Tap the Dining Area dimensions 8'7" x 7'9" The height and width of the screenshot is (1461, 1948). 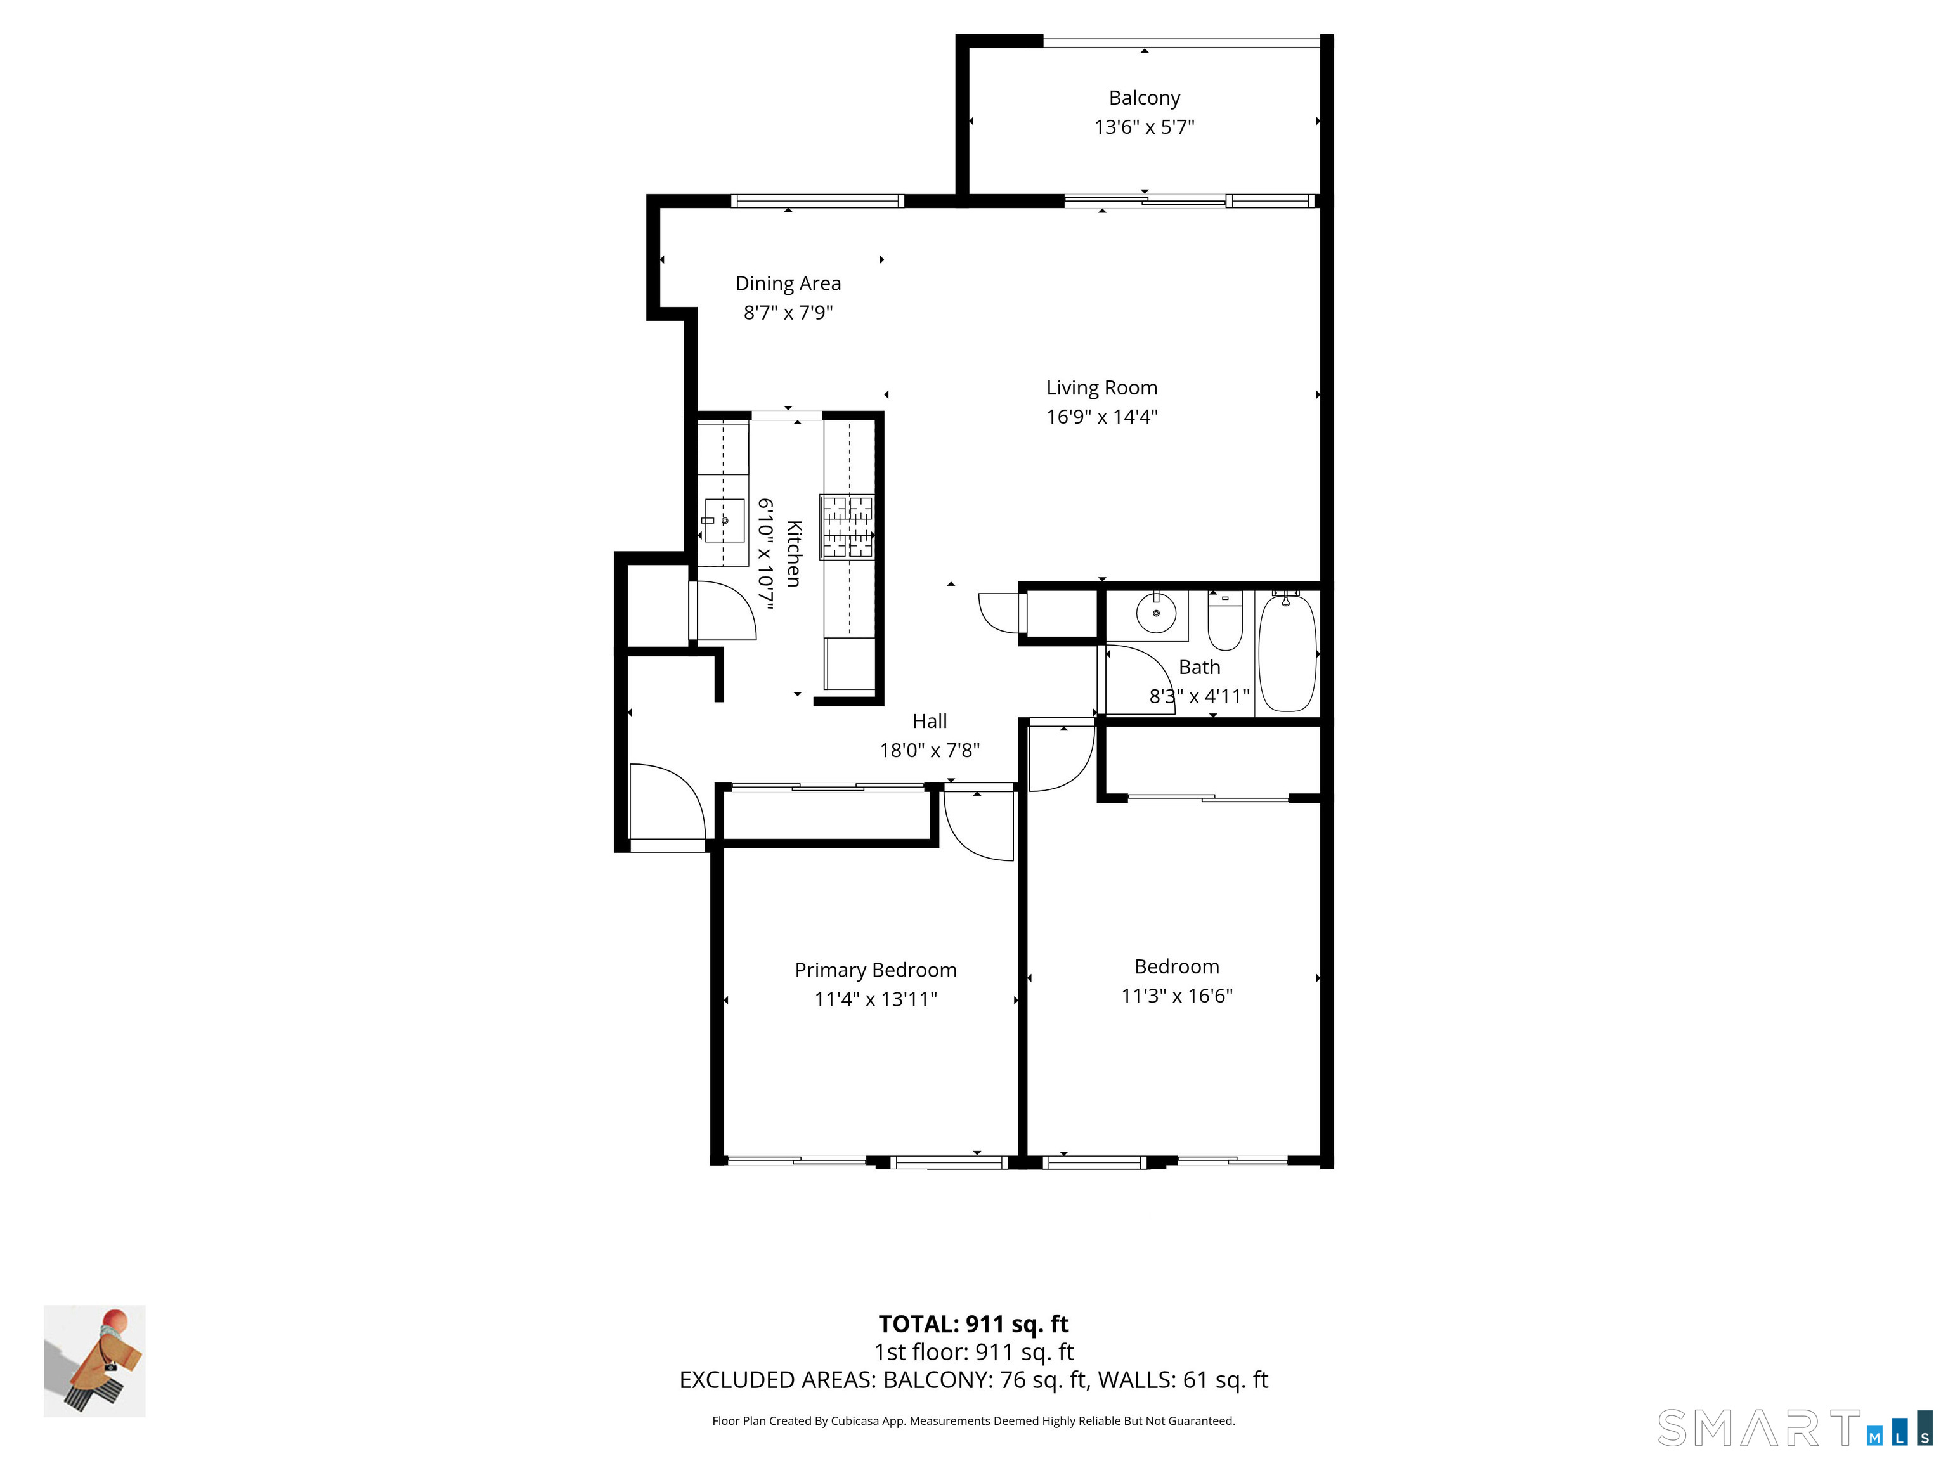tap(788, 313)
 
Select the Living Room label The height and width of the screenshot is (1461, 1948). tap(1101, 387)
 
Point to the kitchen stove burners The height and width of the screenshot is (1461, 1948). tap(847, 526)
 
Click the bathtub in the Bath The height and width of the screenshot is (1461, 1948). tap(1287, 652)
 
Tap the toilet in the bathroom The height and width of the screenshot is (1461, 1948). tap(1224, 620)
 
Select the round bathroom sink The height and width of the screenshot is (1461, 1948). tap(1155, 613)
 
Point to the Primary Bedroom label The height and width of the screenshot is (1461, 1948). tap(875, 970)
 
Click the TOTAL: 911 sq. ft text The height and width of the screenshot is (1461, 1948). tap(973, 1323)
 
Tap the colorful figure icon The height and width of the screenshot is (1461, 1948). tap(95, 1361)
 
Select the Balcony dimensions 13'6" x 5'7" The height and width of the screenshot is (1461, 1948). tap(1144, 127)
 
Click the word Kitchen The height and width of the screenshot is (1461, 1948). tap(793, 553)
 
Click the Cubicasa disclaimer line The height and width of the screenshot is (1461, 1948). tap(973, 1420)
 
